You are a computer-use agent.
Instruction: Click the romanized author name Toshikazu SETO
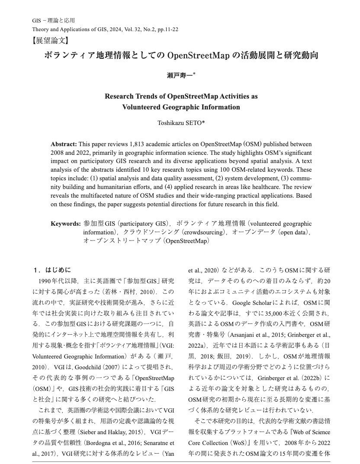(180, 123)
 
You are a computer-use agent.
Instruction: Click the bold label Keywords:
(65, 224)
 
